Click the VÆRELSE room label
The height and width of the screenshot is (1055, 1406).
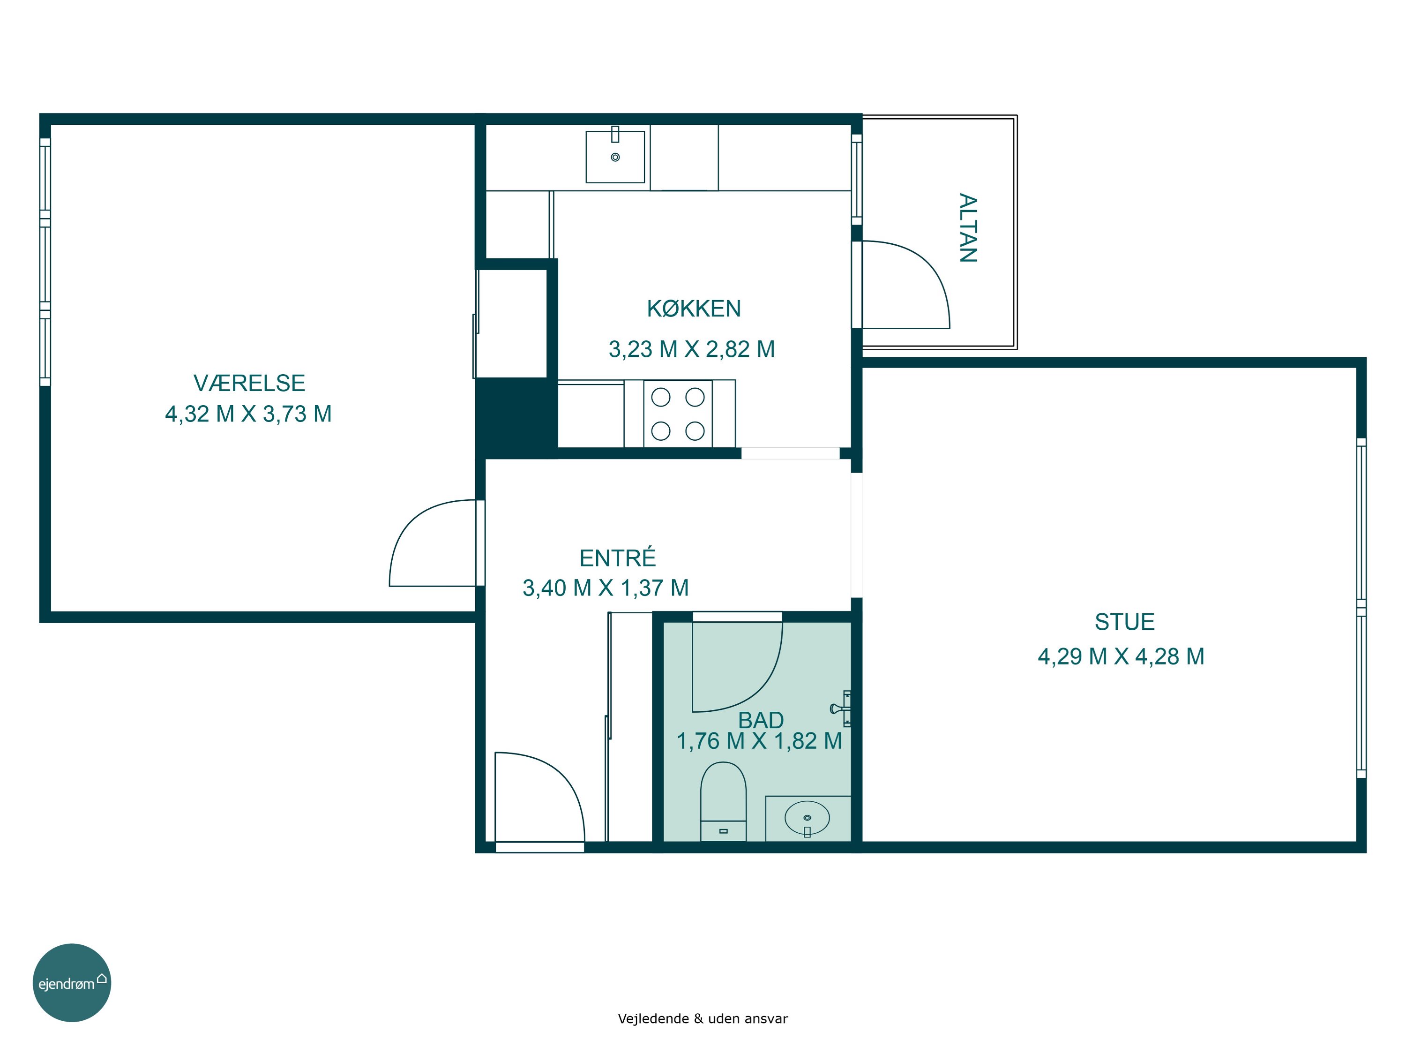(249, 383)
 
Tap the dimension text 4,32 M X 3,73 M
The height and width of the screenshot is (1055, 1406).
(248, 414)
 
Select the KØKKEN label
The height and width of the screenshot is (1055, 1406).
(694, 309)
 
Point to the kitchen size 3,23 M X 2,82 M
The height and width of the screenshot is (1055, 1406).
(692, 349)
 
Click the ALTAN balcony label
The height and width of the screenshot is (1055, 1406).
(967, 228)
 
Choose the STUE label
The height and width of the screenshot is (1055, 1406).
(1124, 622)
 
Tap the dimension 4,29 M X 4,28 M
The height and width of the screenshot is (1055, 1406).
(1121, 656)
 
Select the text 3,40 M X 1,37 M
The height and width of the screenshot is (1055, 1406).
(606, 588)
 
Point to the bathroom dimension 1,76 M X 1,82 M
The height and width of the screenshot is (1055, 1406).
(760, 741)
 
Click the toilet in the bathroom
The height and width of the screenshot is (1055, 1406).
(723, 802)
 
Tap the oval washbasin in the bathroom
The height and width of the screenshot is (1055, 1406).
(807, 818)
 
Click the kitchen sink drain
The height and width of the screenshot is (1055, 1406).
(615, 157)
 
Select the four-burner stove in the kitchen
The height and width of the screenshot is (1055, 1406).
(678, 414)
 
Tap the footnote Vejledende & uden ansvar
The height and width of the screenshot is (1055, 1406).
(703, 1019)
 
